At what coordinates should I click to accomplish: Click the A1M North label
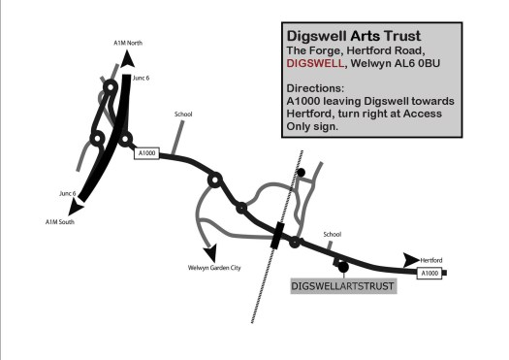pos(128,43)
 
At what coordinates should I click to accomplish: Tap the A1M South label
pos(60,222)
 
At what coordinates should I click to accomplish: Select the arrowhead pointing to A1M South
pos(76,207)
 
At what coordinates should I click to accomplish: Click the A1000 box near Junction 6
pos(146,153)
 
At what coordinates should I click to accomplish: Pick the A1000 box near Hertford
pos(429,274)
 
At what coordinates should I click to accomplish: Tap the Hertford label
pos(431,260)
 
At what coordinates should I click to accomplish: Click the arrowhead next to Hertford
pos(411,260)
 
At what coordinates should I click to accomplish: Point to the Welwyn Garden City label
pos(214,268)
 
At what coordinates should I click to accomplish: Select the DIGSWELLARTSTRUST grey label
pos(343,286)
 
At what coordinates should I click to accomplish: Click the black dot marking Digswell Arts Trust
pos(343,268)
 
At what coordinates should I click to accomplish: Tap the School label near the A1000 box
pos(183,115)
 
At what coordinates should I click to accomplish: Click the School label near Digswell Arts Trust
pos(333,234)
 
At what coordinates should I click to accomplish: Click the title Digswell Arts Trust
pos(354,36)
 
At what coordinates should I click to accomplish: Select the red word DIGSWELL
pos(315,63)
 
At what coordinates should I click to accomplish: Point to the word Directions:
pos(315,88)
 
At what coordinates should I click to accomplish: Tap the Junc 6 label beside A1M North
pos(142,78)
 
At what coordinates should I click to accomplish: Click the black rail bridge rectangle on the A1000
pos(277,235)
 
